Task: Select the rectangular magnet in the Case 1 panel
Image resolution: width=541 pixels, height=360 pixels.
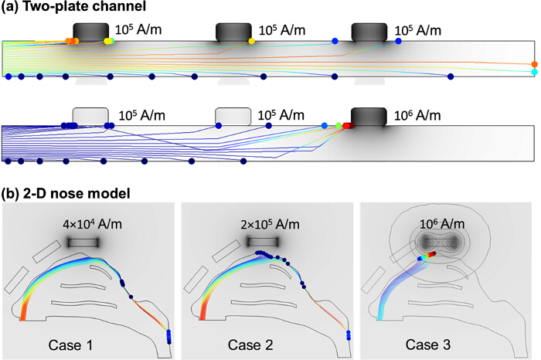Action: coord(83,243)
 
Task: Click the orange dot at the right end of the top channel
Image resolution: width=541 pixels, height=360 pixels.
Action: coord(535,64)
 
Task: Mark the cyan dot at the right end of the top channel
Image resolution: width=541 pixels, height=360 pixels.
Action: coord(535,72)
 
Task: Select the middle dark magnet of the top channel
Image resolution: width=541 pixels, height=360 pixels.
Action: coord(233,32)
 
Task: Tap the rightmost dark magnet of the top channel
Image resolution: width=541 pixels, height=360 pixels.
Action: coord(369,32)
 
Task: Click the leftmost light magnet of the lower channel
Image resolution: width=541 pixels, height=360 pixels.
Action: coord(90,116)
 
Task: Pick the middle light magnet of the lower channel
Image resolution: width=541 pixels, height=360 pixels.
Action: coord(233,116)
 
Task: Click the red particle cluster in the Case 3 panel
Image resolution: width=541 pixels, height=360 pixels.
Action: coord(430,253)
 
